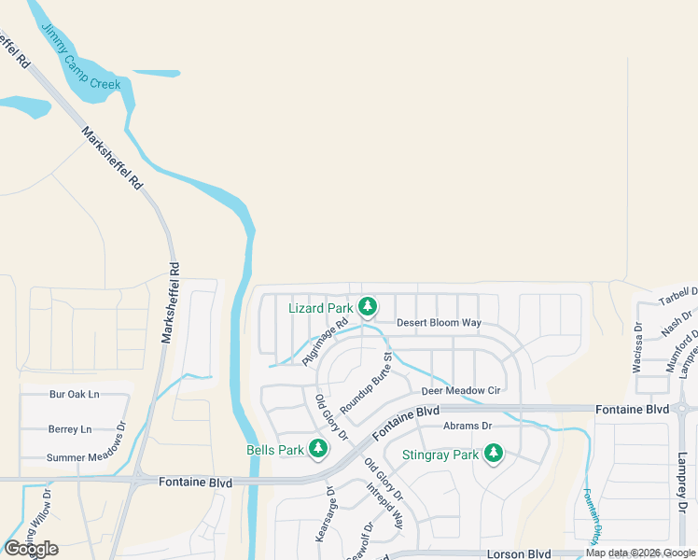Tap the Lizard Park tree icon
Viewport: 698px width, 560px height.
pos(369,306)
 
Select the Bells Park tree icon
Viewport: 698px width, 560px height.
pos(318,449)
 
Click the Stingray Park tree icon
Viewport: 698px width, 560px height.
pos(493,455)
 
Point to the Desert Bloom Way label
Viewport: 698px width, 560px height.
pos(439,323)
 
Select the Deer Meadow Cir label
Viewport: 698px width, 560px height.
pos(462,390)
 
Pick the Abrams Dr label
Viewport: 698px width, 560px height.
pos(468,426)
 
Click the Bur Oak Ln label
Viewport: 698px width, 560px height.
pos(74,394)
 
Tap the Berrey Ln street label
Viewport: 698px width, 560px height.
pos(70,429)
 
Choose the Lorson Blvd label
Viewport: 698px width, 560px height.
pos(520,553)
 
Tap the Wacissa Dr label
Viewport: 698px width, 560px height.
pos(638,348)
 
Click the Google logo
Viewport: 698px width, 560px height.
pos(31,549)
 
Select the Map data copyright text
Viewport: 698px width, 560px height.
pos(641,553)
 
